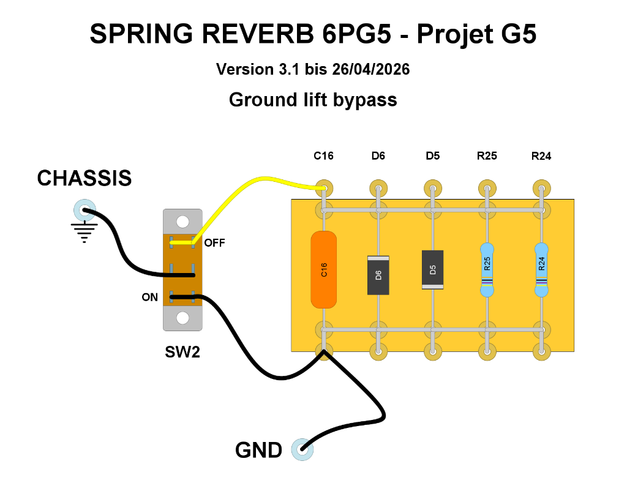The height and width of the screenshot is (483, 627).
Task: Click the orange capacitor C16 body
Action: (x=324, y=269)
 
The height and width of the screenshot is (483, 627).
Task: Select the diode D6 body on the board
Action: (x=378, y=275)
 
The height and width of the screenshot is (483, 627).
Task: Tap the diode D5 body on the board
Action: (x=432, y=269)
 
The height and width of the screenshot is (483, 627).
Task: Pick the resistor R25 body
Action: (x=487, y=269)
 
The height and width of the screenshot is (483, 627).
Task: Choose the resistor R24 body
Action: (x=541, y=269)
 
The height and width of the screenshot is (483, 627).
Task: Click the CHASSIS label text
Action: (x=84, y=178)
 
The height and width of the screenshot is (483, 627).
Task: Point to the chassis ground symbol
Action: (x=84, y=232)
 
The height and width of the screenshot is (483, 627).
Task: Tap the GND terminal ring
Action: (x=301, y=450)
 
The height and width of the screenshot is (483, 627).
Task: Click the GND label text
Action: (x=258, y=451)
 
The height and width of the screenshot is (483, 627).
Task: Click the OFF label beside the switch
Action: (x=215, y=243)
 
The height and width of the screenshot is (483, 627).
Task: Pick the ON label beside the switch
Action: (x=150, y=298)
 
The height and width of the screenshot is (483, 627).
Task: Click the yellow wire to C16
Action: (x=257, y=181)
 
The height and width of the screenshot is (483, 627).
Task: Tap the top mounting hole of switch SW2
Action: (x=182, y=221)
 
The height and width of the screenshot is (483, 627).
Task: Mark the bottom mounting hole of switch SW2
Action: (x=182, y=318)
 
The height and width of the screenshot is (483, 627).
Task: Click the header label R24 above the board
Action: (x=541, y=156)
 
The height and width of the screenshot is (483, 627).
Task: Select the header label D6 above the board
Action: (x=378, y=156)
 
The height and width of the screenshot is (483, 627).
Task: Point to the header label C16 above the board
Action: (x=323, y=156)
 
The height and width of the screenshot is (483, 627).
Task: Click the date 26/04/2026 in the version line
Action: (x=371, y=69)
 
